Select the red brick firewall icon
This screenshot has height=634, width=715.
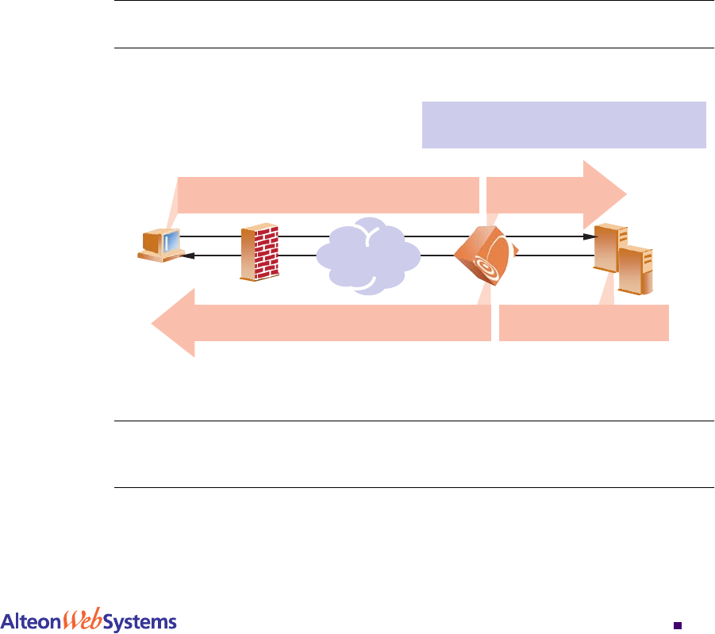pos(260,253)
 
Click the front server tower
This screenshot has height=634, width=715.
pos(636,271)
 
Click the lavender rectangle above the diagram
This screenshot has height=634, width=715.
pos(563,125)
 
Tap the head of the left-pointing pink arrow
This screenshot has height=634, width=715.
pos(175,323)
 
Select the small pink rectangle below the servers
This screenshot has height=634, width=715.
pos(584,323)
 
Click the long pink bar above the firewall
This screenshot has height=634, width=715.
pos(329,195)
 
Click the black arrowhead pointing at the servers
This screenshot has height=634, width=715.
pos(588,236)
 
